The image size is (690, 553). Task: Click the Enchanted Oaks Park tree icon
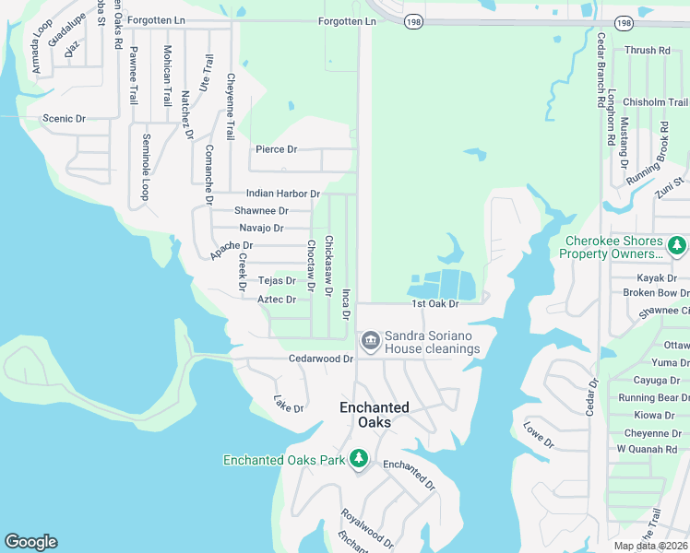tap(358, 458)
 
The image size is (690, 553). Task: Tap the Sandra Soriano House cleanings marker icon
tap(370, 342)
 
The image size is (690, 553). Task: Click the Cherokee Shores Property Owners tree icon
tap(677, 246)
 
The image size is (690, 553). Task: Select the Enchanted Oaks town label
tap(374, 415)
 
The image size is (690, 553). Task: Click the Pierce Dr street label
tap(276, 149)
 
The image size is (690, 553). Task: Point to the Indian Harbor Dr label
tap(282, 194)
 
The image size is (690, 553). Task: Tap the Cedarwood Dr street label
tap(321, 358)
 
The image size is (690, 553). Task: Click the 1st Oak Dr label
tap(434, 304)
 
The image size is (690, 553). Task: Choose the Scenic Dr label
tap(64, 119)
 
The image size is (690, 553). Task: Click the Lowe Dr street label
tap(538, 435)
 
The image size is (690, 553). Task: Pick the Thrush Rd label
tap(647, 51)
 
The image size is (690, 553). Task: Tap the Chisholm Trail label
tap(655, 102)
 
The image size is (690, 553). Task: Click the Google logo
tap(30, 542)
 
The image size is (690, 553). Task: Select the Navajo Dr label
tap(261, 228)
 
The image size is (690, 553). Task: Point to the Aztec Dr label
tap(277, 300)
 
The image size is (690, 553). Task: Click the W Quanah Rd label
tap(647, 449)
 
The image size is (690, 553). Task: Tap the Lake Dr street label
tap(289, 404)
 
